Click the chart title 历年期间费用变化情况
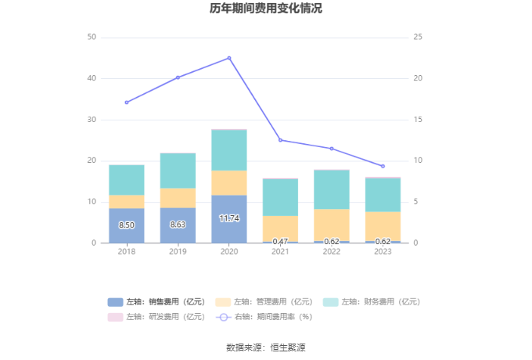(266, 9)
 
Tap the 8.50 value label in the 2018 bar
(127, 225)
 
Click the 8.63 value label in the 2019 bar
(178, 225)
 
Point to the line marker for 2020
(229, 58)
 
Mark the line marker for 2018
(127, 103)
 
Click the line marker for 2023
(383, 166)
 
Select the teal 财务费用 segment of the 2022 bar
(332, 189)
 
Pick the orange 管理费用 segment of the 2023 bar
(383, 226)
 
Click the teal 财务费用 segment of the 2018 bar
(127, 180)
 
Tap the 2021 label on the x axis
(280, 252)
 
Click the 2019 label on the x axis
(178, 252)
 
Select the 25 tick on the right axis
(419, 38)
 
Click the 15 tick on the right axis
(419, 120)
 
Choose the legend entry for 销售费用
(157, 302)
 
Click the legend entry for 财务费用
(372, 302)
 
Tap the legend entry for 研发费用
(157, 317)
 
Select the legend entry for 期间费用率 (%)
(264, 317)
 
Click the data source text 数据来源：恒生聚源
(266, 347)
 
